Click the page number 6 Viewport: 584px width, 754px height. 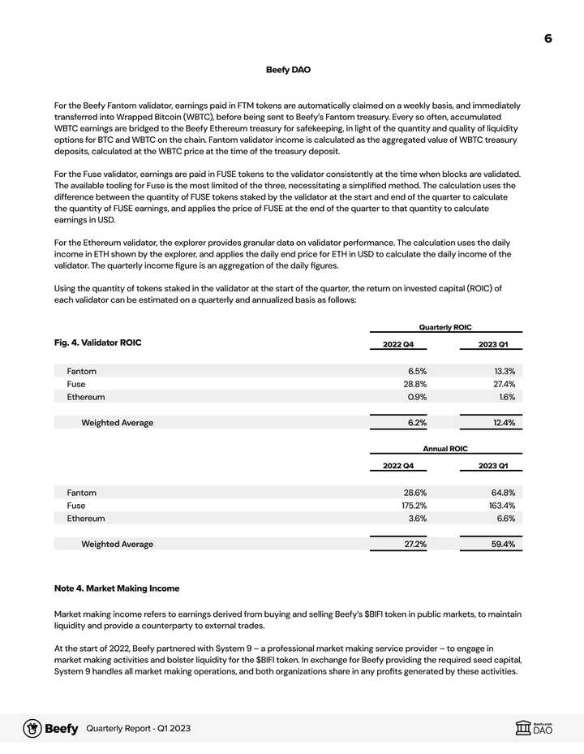point(548,38)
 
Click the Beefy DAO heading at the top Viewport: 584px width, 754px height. point(288,70)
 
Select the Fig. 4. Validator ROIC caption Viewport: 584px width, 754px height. point(97,343)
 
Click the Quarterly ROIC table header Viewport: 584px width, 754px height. point(445,327)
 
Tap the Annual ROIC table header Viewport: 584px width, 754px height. point(445,449)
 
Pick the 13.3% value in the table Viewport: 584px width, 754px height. point(504,371)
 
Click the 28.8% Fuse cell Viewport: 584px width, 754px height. point(415,384)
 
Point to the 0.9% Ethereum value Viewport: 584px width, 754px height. point(417,397)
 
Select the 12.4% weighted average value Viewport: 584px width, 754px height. point(503,423)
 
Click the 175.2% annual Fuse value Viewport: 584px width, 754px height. point(413,506)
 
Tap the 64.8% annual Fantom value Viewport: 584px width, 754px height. point(502,493)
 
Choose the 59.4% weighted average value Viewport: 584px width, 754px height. point(503,545)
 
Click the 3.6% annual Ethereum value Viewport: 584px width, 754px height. point(416,519)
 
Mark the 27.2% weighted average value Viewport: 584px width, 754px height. point(415,545)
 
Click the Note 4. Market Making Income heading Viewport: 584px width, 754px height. point(117,588)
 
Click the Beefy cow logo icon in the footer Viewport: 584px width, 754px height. point(32,728)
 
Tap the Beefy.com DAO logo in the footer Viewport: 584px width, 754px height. point(538,728)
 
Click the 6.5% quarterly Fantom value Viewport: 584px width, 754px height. point(417,371)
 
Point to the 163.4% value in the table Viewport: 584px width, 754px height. point(500,506)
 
